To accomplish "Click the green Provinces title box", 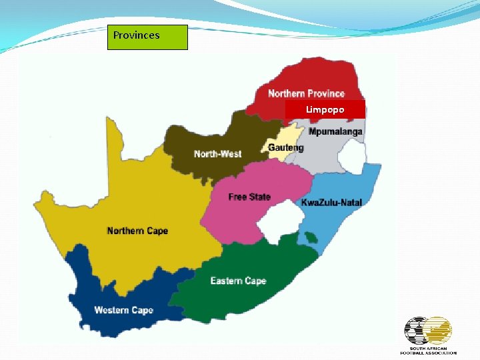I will point(147,37).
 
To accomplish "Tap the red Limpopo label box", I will point(325,109).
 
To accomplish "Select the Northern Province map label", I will point(306,93).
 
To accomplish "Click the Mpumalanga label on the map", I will point(335,132).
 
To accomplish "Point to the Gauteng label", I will point(285,147).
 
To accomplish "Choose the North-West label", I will point(217,154).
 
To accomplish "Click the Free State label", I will point(249,197).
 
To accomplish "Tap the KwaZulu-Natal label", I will point(331,202).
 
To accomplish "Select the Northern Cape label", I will point(137,231).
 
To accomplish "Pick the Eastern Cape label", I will point(238,281).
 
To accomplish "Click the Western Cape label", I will point(123,310).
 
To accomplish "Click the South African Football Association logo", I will point(428,335).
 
